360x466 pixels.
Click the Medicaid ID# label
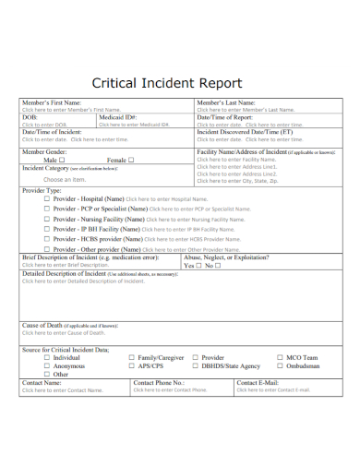point(117,117)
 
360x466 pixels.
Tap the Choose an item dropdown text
point(52,180)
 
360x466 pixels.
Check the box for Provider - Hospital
point(47,199)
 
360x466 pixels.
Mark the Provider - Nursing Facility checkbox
point(47,221)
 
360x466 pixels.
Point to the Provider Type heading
point(44,189)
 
